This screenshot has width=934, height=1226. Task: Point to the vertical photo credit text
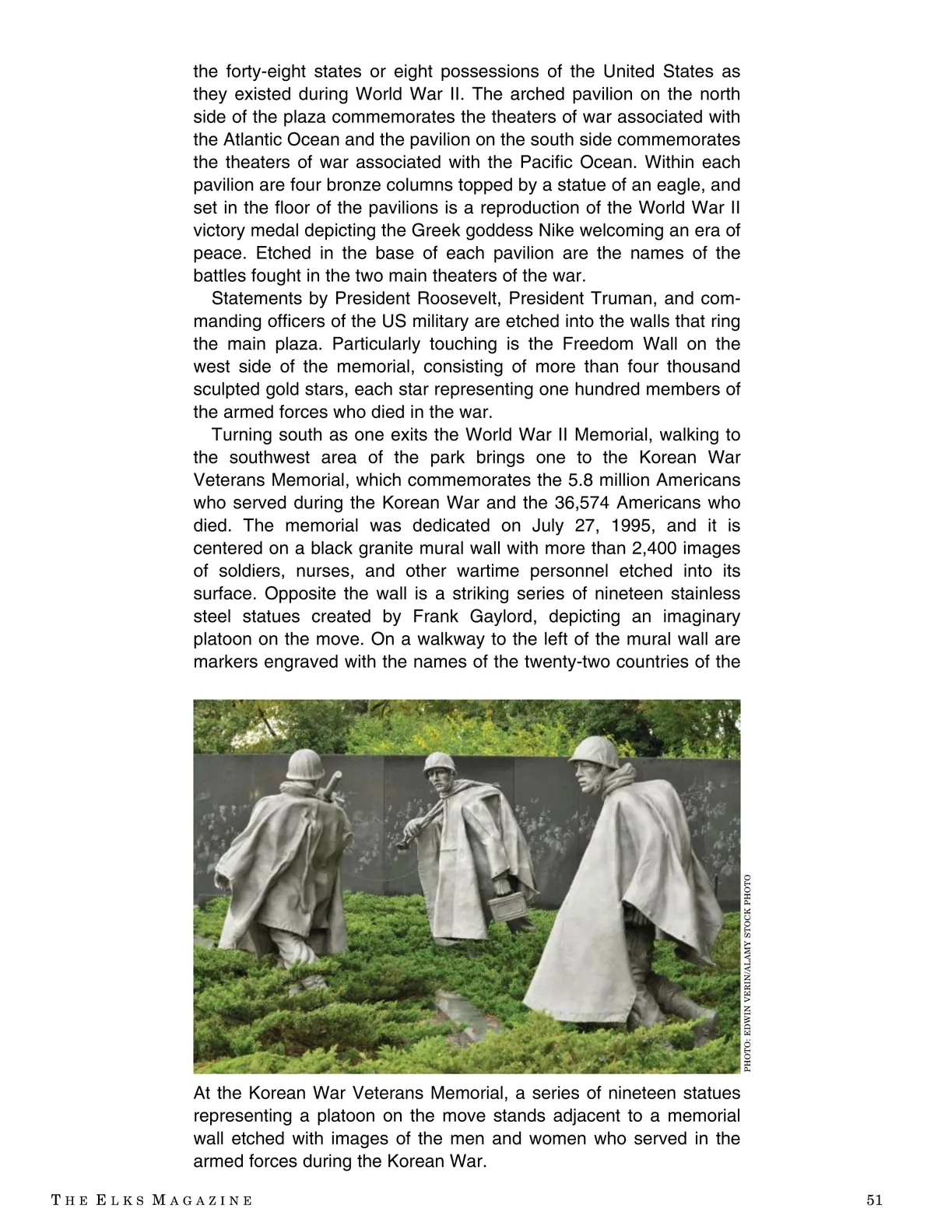(x=749, y=973)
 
